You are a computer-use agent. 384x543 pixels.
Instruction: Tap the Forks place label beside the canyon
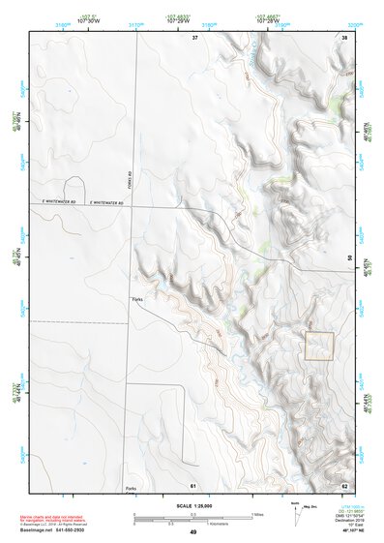137,300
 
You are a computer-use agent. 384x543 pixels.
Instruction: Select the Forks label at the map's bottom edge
131,488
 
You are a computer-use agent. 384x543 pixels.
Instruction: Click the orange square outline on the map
319,347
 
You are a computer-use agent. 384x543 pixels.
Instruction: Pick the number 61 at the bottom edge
193,484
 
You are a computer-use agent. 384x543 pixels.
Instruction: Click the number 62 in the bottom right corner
343,484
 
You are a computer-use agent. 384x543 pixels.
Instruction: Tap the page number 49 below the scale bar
192,532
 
